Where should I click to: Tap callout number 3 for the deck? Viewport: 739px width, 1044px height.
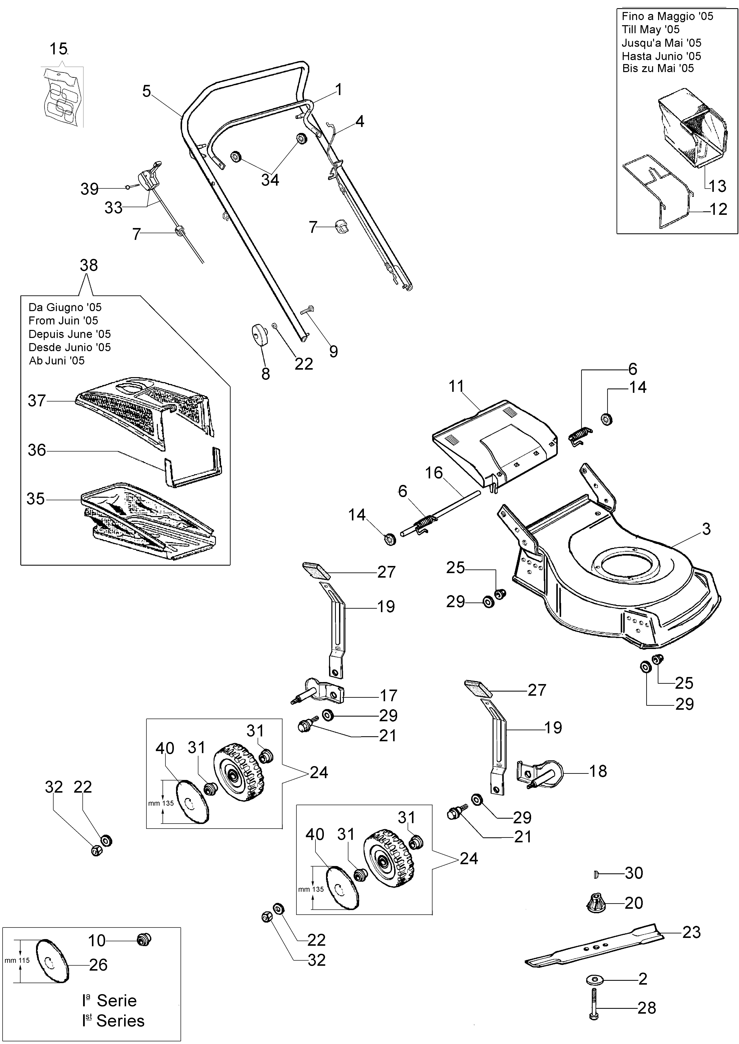coord(706,529)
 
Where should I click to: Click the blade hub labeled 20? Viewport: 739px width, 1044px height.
coord(595,903)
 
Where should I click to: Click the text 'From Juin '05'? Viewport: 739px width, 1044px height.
coord(63,321)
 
